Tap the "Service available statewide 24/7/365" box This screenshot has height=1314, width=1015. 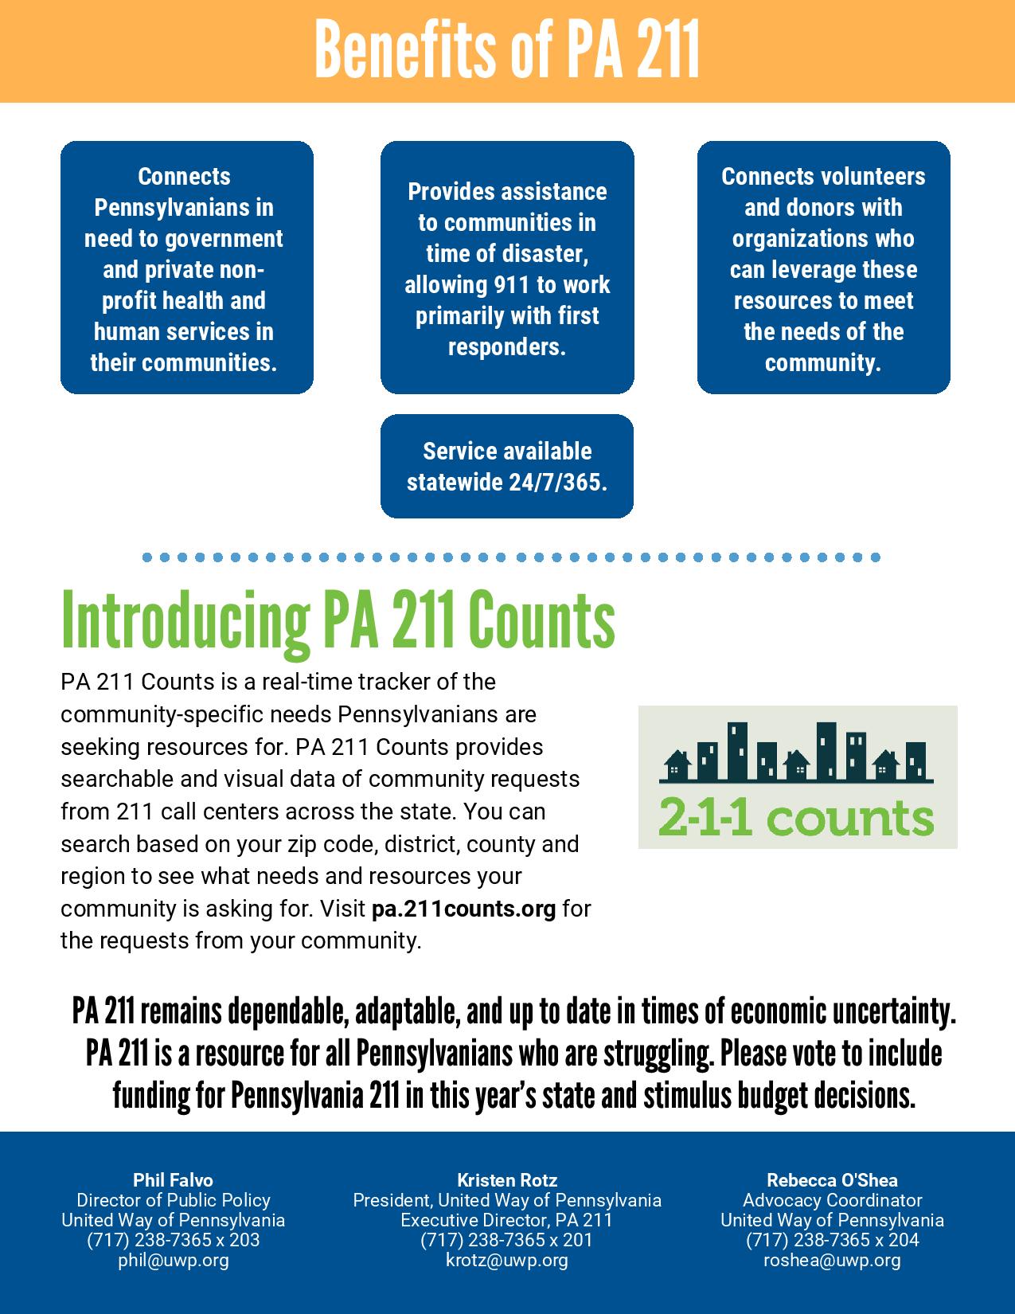tap(507, 467)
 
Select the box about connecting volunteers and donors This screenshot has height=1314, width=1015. tap(823, 268)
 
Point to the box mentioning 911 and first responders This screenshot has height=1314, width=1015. tap(507, 268)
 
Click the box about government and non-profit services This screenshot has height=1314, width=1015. tap(187, 268)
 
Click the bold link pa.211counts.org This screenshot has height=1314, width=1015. tap(463, 909)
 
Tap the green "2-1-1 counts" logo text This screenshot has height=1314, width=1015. tap(796, 818)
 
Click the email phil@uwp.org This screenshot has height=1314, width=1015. tap(174, 1260)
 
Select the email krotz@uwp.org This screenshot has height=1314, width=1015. tap(507, 1260)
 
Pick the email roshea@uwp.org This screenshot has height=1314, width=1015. tap(832, 1260)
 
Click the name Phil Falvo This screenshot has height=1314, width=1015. tap(174, 1180)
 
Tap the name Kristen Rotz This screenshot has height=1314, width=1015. tap(507, 1180)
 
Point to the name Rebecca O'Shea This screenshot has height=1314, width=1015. tap(832, 1180)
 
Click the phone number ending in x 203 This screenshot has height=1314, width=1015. tap(174, 1240)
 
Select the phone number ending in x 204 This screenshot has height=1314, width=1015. tap(832, 1240)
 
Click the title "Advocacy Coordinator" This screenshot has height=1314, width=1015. tap(832, 1200)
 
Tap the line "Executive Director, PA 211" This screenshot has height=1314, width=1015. tap(507, 1220)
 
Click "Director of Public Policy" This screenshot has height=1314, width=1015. tap(174, 1200)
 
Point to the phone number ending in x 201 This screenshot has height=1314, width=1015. tap(507, 1240)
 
